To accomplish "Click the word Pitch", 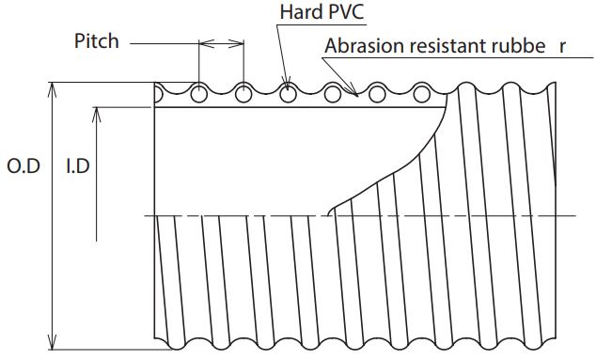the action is [x=97, y=41].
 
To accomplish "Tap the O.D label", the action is [x=24, y=166].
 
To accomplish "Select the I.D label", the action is [x=78, y=166].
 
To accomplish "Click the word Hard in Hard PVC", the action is [x=298, y=11].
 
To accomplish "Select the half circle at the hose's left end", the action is [x=159, y=94].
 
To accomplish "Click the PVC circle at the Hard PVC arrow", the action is [x=288, y=94].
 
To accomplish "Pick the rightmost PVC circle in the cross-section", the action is [x=421, y=94].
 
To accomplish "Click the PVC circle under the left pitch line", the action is [x=199, y=94].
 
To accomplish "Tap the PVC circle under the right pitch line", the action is [x=243, y=94].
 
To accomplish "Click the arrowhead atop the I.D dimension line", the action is [x=97, y=115].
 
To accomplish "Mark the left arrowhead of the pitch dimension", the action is [x=207, y=43].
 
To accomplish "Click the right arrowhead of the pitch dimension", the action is [x=236, y=43].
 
